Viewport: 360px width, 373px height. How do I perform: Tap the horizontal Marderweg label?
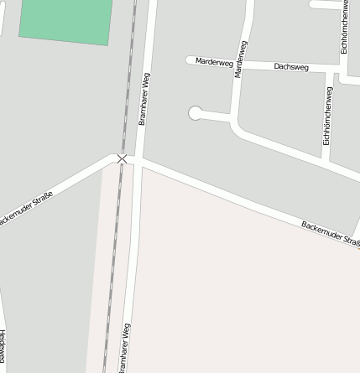pyautogui.click(x=213, y=61)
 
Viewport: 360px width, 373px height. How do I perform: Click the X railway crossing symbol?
pyautogui.click(x=123, y=158)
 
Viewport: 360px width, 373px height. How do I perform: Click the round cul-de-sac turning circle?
pyautogui.click(x=196, y=113)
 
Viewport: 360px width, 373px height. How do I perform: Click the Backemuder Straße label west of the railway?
pyautogui.click(x=26, y=208)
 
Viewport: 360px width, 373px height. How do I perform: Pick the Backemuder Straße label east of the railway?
pyautogui.click(x=330, y=233)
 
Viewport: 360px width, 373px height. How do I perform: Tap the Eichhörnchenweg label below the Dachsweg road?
pyautogui.click(x=327, y=115)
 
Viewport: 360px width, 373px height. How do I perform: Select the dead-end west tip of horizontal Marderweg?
pyautogui.click(x=189, y=60)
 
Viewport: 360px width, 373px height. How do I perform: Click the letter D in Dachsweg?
pyautogui.click(x=277, y=65)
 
